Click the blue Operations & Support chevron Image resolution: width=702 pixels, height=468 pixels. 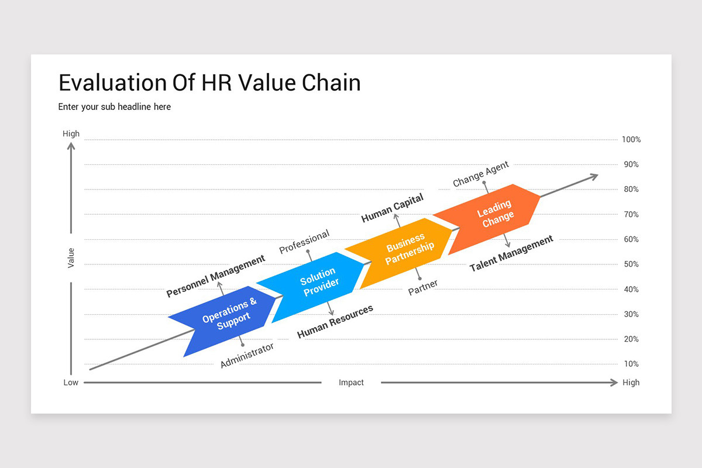(228, 316)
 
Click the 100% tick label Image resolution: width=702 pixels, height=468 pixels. (631, 140)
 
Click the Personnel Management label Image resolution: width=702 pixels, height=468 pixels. (215, 276)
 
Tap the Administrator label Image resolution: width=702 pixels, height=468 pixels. (247, 355)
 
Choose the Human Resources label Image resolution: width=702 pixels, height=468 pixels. (335, 322)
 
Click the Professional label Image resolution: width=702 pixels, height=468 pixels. (304, 242)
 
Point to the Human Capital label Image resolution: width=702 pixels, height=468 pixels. (392, 208)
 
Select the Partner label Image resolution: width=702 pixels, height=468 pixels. (423, 287)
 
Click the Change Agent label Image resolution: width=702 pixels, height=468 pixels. (481, 174)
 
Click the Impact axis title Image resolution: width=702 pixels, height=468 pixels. (351, 383)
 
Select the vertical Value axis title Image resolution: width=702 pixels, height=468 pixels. (71, 258)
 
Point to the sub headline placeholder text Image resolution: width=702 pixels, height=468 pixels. (115, 107)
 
